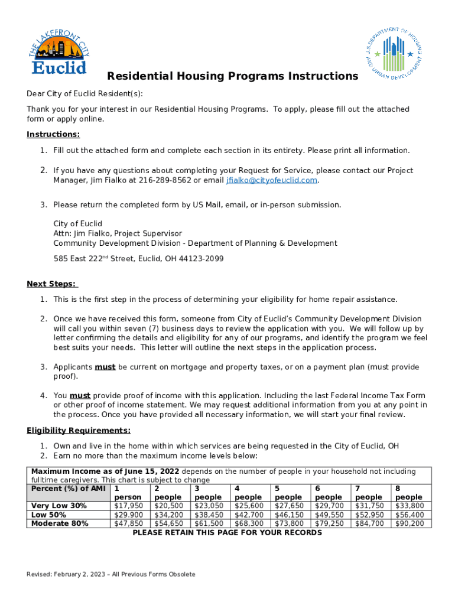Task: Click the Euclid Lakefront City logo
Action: click(58, 53)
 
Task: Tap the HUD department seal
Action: click(394, 54)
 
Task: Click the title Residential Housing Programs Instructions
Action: click(232, 76)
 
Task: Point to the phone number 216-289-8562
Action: click(165, 180)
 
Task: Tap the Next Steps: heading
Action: click(52, 284)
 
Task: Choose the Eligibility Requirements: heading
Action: click(79, 431)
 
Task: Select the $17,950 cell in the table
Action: click(128, 506)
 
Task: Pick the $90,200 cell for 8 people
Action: click(409, 523)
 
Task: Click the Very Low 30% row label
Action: click(59, 506)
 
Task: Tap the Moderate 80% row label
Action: click(60, 523)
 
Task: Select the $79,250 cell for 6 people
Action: click(329, 523)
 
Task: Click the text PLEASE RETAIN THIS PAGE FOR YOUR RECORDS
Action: click(227, 533)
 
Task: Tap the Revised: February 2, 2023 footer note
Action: click(111, 574)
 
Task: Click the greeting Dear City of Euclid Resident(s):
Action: click(84, 94)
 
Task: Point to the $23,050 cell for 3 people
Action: click(209, 506)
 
